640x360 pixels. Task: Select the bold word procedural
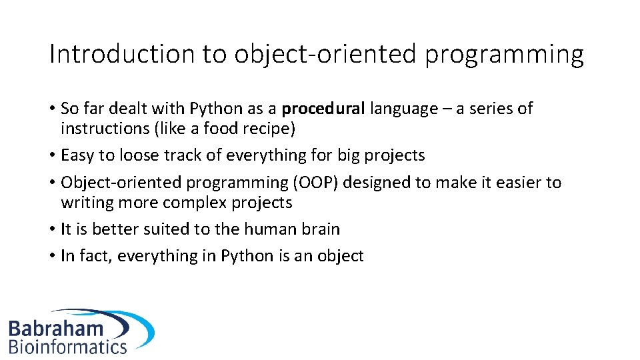coord(323,109)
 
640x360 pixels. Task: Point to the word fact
coord(94,256)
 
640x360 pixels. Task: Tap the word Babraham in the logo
coord(56,328)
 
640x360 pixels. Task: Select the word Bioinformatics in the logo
coord(67,347)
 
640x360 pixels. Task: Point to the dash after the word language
coord(445,109)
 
